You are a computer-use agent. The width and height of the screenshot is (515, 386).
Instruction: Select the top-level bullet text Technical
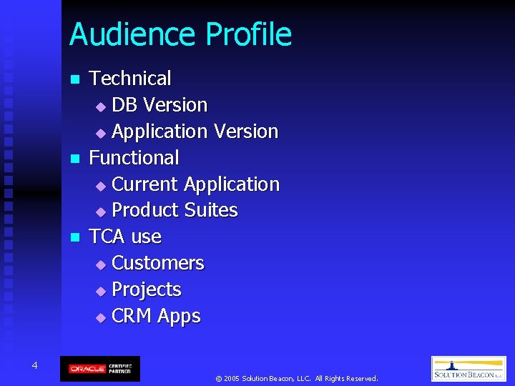(129, 78)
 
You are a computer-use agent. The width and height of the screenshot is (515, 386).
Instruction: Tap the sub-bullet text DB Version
(160, 105)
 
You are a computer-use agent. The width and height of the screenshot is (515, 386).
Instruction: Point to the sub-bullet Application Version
(195, 132)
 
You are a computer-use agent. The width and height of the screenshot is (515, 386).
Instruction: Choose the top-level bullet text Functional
(134, 157)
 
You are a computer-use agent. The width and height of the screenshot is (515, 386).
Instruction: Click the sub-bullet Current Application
(195, 184)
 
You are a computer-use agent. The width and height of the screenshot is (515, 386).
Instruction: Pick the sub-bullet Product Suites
(175, 210)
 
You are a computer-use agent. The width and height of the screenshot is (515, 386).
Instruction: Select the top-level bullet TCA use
(125, 236)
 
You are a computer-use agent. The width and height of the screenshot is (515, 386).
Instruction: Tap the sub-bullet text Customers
(158, 263)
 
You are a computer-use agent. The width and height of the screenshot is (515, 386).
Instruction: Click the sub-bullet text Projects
(147, 289)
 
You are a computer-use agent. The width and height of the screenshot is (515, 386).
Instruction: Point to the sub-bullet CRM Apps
(156, 316)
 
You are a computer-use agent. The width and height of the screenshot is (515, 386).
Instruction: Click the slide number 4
(34, 366)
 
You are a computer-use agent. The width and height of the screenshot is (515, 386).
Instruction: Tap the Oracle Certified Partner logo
(100, 368)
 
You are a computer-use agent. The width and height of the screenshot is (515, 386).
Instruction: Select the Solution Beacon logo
(468, 369)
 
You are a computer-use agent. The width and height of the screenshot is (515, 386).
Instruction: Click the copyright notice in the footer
(296, 378)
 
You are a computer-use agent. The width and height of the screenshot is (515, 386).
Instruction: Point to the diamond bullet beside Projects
(100, 291)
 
